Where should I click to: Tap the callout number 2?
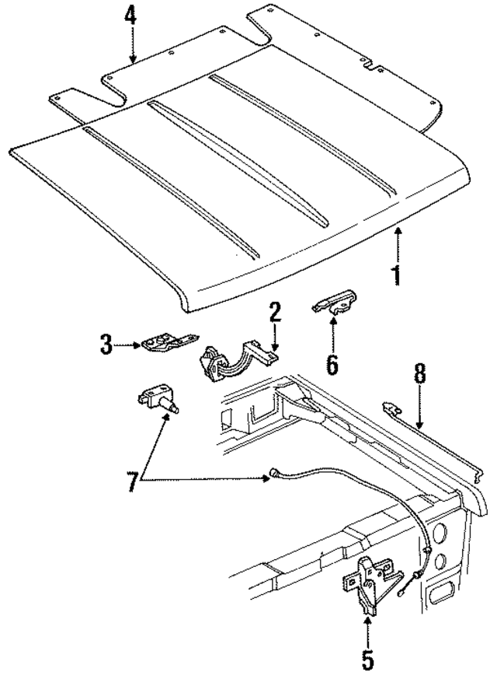point(274,314)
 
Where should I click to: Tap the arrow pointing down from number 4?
point(131,47)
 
